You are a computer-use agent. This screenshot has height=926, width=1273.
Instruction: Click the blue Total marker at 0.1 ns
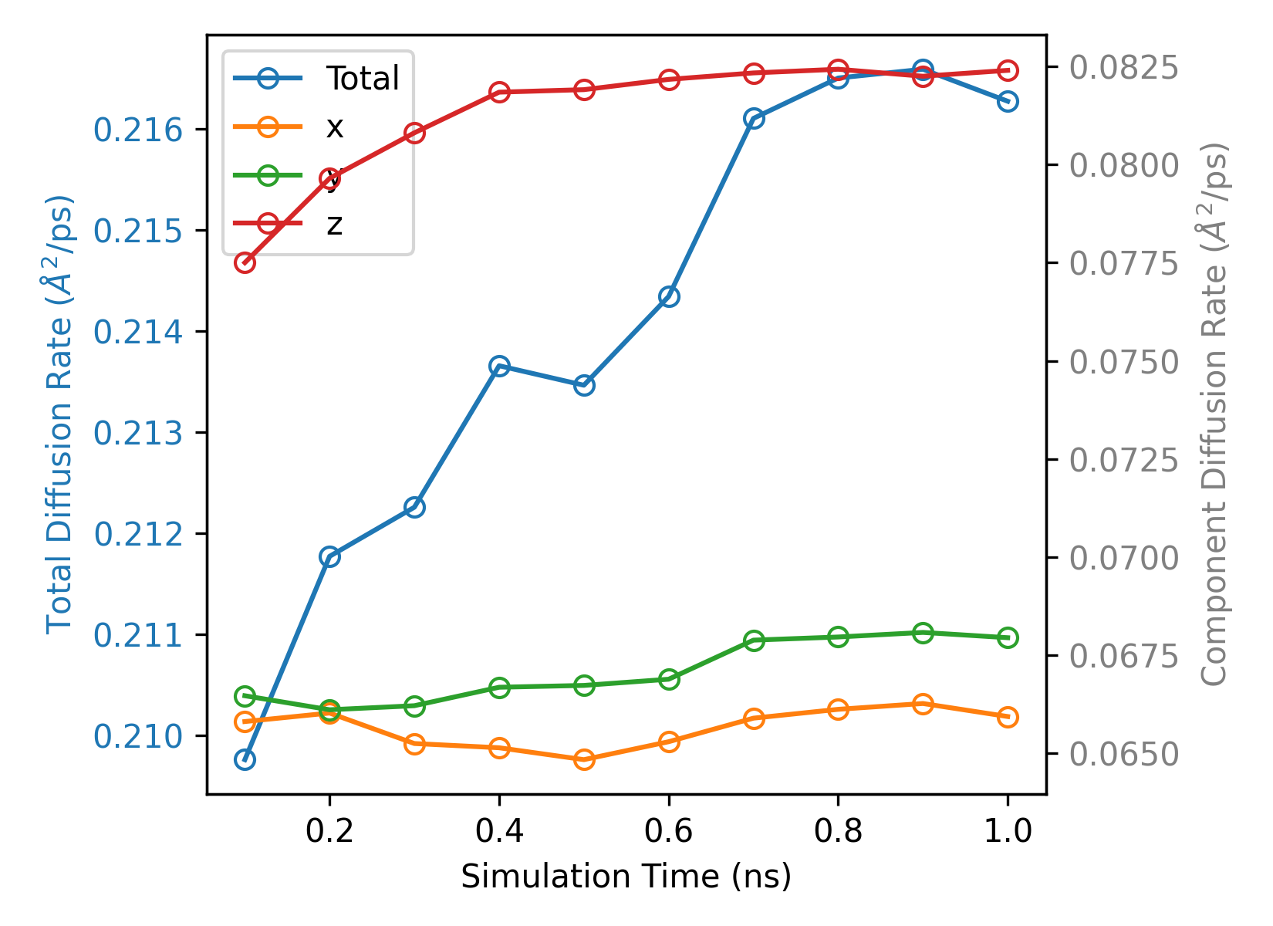(245, 760)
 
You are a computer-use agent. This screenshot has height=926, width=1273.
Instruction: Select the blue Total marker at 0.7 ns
(754, 118)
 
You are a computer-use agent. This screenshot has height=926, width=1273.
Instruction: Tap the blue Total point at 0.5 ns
(584, 385)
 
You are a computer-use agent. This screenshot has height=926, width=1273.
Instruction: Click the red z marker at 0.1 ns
(245, 262)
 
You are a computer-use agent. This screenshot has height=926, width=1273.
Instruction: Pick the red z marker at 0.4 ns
(499, 93)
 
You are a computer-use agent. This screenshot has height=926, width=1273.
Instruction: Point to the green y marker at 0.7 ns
(754, 640)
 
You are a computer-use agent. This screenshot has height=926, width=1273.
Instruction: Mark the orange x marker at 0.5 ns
(584, 759)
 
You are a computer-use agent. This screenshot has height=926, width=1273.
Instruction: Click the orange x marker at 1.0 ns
(1008, 717)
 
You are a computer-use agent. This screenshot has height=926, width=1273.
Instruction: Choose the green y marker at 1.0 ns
(1008, 637)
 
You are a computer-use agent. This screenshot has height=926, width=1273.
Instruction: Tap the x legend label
(334, 127)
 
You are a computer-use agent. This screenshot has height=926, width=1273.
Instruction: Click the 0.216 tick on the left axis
(139, 130)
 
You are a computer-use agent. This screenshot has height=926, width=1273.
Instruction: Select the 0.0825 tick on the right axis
(1123, 67)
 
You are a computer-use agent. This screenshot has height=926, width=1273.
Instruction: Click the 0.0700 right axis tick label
(1123, 558)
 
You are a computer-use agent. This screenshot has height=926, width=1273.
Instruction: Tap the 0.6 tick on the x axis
(669, 831)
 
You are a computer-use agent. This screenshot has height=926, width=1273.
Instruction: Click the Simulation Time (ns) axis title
(626, 877)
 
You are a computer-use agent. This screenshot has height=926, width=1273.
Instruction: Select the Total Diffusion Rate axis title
(59, 414)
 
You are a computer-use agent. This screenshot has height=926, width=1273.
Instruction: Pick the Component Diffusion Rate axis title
(1214, 414)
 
